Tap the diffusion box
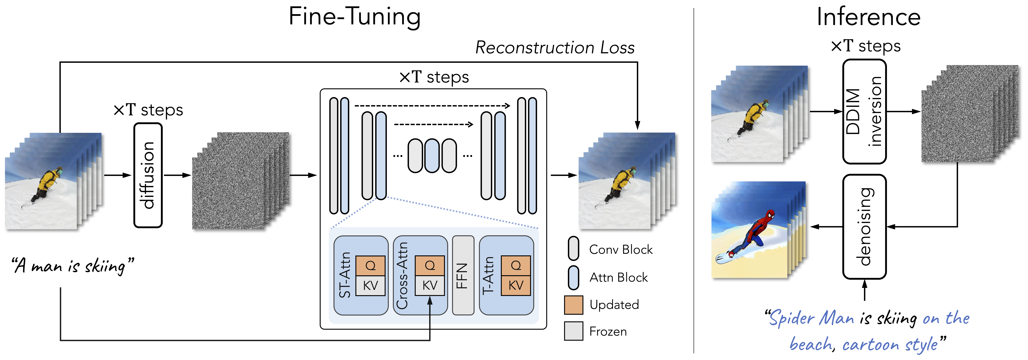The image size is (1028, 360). click(148, 175)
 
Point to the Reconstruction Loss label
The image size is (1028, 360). click(555, 47)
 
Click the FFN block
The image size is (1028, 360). click(463, 275)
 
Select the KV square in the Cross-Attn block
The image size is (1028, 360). click(430, 285)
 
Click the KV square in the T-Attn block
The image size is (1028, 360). click(516, 285)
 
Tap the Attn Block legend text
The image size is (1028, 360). click(619, 277)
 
